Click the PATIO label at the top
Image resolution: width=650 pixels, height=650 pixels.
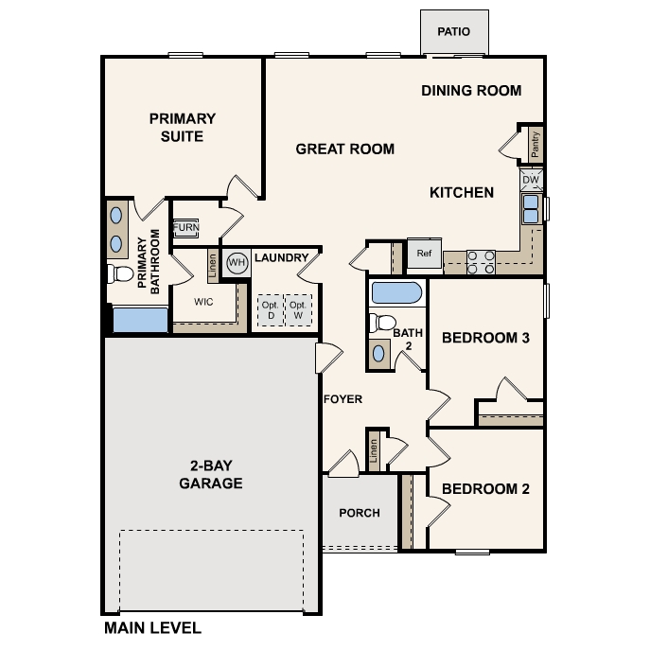pos(453,32)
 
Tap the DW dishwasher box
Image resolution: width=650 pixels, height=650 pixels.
pos(531,180)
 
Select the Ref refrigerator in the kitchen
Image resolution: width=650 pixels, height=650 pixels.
pos(423,254)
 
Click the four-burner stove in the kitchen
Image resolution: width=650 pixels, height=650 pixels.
pos(481,261)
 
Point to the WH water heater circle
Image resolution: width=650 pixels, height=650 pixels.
pos(237,262)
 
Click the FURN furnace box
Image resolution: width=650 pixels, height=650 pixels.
pos(185,228)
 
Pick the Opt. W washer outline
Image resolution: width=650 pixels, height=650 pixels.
pos(298,310)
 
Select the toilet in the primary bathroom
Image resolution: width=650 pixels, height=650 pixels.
pos(120,274)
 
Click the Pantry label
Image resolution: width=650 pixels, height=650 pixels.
pos(536,144)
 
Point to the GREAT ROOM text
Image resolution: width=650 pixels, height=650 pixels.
pos(344,149)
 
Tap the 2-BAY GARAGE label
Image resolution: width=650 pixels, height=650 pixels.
pos(211,475)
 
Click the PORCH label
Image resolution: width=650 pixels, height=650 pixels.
pos(359,513)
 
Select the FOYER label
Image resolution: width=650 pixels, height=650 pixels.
pos(343,399)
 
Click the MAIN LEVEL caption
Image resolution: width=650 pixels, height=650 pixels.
pos(152,627)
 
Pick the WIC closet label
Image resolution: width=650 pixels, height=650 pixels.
pos(203,303)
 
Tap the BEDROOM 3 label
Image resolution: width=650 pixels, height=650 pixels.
pos(485,338)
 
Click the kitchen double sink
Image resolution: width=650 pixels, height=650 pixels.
pos(531,208)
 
